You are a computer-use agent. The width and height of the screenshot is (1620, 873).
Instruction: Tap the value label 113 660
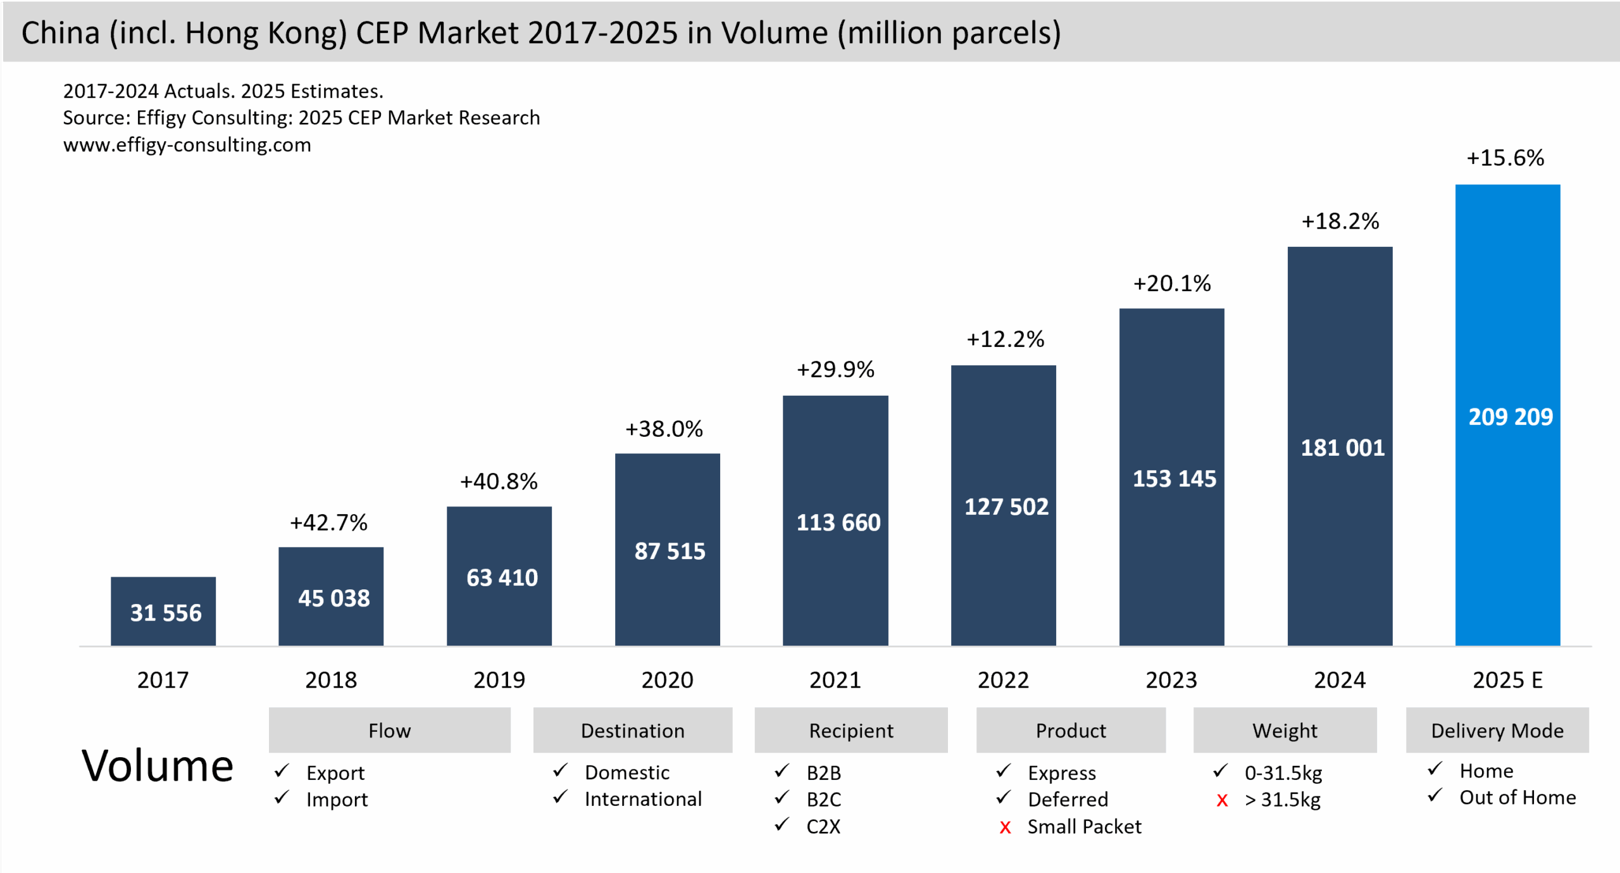pyautogui.click(x=838, y=523)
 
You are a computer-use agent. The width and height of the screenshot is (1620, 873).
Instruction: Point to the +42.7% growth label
pyautogui.click(x=328, y=523)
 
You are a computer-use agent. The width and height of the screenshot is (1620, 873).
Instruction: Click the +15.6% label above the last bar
pyautogui.click(x=1505, y=158)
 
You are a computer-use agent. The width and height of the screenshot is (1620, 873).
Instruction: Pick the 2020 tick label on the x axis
pyautogui.click(x=667, y=680)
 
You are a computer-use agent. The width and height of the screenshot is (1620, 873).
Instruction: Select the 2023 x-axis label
pyautogui.click(x=1171, y=680)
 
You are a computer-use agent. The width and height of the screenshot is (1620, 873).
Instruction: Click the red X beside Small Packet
pyautogui.click(x=1005, y=827)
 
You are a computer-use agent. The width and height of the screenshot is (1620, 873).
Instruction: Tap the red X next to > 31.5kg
pyautogui.click(x=1222, y=801)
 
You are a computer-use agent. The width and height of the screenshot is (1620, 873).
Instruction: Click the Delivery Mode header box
pyautogui.click(x=1497, y=731)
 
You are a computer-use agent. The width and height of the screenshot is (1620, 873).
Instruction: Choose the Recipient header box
pyautogui.click(x=851, y=731)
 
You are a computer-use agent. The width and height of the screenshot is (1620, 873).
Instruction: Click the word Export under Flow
pyautogui.click(x=335, y=773)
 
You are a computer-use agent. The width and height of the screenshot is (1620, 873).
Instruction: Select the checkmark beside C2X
pyautogui.click(x=782, y=824)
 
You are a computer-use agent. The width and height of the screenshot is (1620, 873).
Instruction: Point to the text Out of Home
pyautogui.click(x=1517, y=798)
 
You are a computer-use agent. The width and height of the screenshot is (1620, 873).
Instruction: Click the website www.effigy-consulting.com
pyautogui.click(x=187, y=145)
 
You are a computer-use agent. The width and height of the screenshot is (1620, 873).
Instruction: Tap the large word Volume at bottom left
pyautogui.click(x=158, y=766)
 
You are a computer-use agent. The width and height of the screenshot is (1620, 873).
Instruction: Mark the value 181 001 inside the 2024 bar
pyautogui.click(x=1342, y=448)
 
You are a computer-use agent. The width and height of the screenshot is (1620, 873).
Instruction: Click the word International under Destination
pyautogui.click(x=643, y=800)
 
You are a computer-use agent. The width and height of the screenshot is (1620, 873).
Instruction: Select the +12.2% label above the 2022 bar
pyautogui.click(x=1005, y=339)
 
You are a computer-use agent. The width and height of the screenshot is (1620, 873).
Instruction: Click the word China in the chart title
pyautogui.click(x=61, y=33)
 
